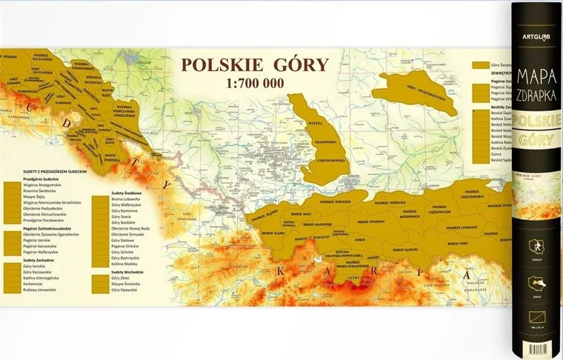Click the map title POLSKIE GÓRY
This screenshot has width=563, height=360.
point(254,64)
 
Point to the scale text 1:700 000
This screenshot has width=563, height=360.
point(254,82)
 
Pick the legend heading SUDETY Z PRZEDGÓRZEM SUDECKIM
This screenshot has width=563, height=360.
point(44,170)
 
